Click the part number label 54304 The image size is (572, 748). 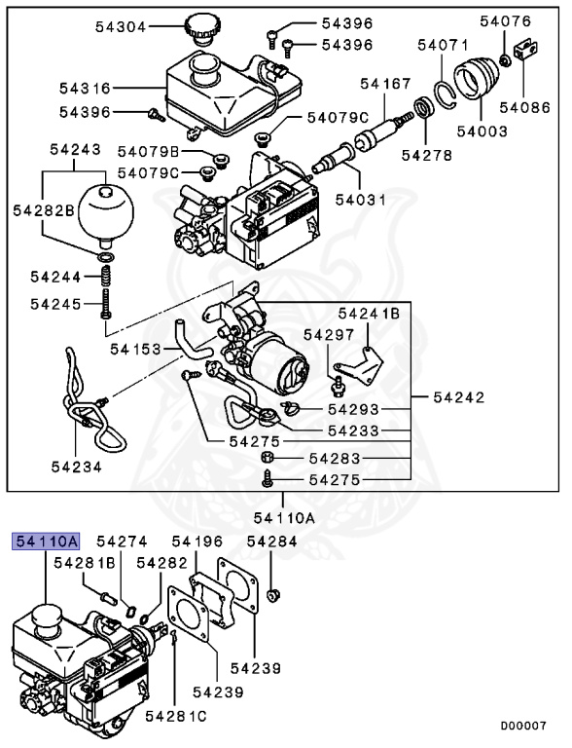(x=121, y=27)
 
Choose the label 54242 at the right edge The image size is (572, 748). (x=458, y=397)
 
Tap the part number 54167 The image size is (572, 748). (x=386, y=84)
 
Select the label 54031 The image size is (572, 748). (x=361, y=200)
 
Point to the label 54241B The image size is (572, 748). (x=369, y=314)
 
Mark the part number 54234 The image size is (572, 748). (x=77, y=467)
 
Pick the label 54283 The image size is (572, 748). (x=335, y=457)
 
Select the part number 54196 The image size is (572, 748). (x=197, y=542)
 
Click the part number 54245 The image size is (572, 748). (x=55, y=303)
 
